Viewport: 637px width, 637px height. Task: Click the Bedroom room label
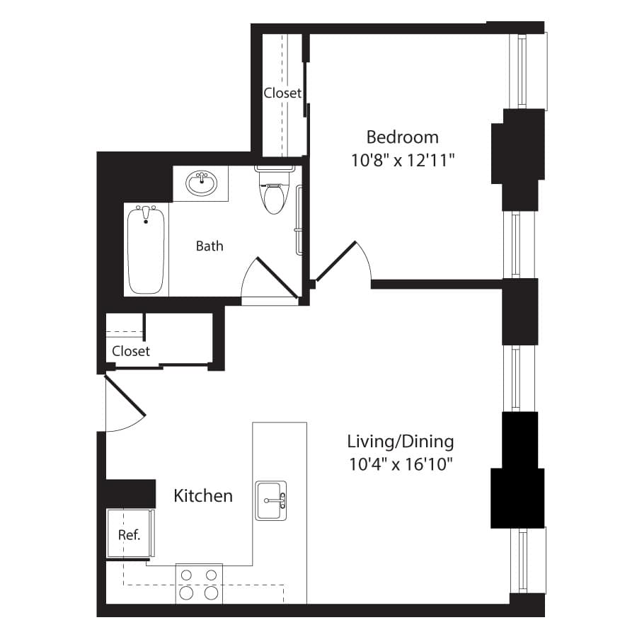point(402,137)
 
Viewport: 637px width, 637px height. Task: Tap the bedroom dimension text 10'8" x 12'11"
point(402,160)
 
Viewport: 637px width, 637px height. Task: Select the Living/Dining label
point(401,442)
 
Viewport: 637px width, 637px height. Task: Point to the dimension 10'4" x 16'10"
point(401,464)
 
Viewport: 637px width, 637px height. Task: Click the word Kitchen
point(203,496)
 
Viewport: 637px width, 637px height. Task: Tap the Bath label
point(210,246)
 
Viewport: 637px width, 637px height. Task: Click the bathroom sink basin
point(202,183)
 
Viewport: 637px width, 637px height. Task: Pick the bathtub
point(146,249)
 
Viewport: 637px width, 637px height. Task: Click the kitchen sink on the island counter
point(270,500)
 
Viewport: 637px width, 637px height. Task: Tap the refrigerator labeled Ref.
point(130,534)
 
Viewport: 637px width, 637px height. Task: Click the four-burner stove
point(199,584)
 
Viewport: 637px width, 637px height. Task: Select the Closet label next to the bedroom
point(282,93)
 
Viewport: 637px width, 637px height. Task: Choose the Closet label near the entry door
point(131,351)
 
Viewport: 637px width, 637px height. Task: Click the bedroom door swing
point(343,262)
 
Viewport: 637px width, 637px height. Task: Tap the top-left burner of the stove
point(186,575)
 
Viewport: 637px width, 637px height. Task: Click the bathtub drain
point(146,222)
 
